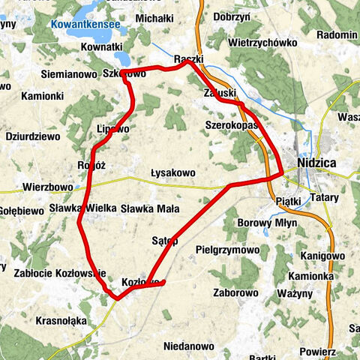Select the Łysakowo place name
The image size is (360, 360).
click(172, 172)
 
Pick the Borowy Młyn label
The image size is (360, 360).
click(267, 223)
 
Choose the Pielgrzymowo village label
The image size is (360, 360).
click(226, 249)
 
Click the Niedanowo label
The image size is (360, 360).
click(189, 346)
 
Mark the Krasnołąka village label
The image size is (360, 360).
click(61, 320)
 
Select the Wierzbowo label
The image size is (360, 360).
click(47, 187)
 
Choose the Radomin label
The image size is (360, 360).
click(336, 34)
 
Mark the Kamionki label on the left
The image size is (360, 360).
click(42, 96)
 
